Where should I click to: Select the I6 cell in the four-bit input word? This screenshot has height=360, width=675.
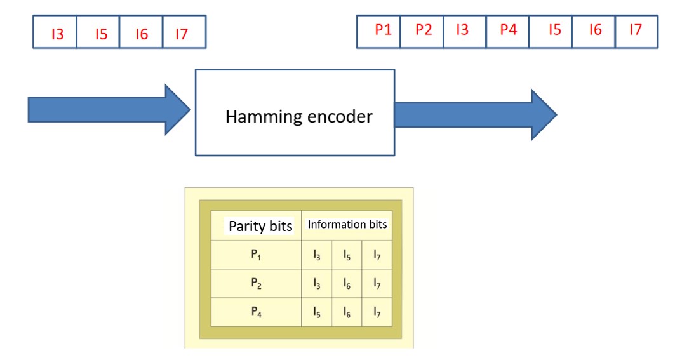coord(141,33)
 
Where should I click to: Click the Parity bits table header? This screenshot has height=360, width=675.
coord(260,226)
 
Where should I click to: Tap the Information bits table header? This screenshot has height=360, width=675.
coord(347,225)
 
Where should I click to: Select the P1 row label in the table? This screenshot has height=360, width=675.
coord(256,255)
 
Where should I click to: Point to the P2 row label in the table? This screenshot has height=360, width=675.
coord(256,284)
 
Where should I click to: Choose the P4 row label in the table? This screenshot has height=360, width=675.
coord(256,312)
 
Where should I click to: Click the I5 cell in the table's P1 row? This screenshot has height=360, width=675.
coord(347,255)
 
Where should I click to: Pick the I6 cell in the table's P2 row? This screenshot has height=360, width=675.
coord(347,284)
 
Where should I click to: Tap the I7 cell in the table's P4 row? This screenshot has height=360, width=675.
coord(377,312)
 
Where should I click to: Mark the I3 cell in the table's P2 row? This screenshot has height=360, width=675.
coord(316,284)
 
